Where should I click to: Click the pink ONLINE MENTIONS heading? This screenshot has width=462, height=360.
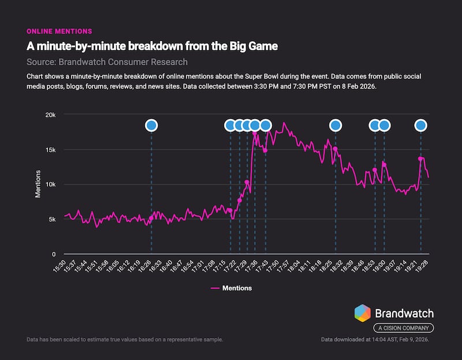pyautogui.click(x=59, y=31)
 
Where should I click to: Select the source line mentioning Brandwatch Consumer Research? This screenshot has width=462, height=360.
pyautogui.click(x=107, y=62)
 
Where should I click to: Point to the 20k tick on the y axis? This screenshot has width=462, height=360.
pyautogui.click(x=51, y=115)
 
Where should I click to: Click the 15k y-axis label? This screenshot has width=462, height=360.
pyautogui.click(x=51, y=150)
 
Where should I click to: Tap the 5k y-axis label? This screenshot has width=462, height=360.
pyautogui.click(x=52, y=219)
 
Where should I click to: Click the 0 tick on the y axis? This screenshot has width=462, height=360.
pyautogui.click(x=54, y=254)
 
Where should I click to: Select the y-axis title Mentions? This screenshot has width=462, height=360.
pyautogui.click(x=38, y=184)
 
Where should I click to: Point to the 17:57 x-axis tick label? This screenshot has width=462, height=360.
pyautogui.click(x=282, y=268)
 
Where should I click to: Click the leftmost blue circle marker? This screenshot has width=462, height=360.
pyautogui.click(x=151, y=125)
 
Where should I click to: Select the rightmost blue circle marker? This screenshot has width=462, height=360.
pyautogui.click(x=421, y=125)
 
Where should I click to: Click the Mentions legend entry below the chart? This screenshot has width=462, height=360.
pyautogui.click(x=231, y=288)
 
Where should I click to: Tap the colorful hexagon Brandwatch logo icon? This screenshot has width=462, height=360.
pyautogui.click(x=362, y=313)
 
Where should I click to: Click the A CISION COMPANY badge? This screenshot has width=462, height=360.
pyautogui.click(x=403, y=328)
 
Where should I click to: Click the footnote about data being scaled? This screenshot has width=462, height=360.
pyautogui.click(x=125, y=339)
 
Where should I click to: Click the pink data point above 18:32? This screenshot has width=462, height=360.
pyautogui.click(x=335, y=149)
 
